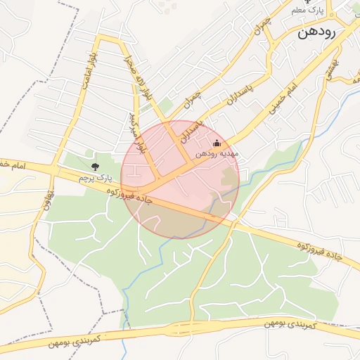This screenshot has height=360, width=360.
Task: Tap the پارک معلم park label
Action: [x=307, y=11]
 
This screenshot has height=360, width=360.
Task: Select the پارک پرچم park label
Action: [x=96, y=179]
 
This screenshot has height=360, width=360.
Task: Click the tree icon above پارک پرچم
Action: [x=96, y=166]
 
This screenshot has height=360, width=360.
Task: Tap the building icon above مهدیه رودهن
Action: [x=216, y=144]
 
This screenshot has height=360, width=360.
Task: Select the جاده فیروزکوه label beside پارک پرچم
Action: [x=110, y=191]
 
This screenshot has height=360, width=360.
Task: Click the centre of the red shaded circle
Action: [x=180, y=179]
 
